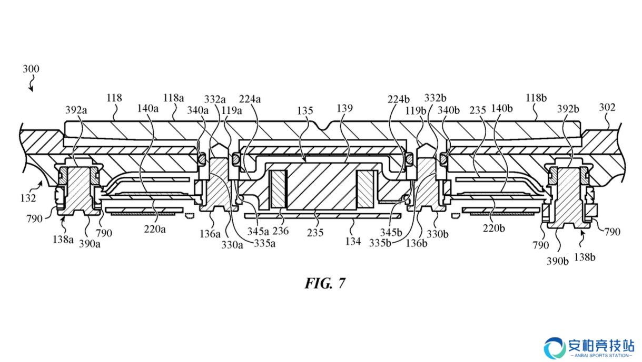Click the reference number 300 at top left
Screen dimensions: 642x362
tap(31, 69)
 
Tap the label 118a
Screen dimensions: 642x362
tap(173, 98)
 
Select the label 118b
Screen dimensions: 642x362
tap(536, 98)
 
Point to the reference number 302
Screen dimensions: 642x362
tap(607, 107)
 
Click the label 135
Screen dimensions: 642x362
tap(305, 110)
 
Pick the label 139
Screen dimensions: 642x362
tap(344, 108)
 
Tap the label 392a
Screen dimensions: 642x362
tap(76, 110)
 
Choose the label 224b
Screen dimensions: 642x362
tap(398, 99)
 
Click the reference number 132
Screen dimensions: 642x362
tap(28, 198)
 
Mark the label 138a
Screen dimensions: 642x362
tap(63, 240)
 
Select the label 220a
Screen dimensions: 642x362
tap(155, 229)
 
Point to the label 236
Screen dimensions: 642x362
tap(280, 231)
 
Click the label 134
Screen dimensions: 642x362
tap(353, 241)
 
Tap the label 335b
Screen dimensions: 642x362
tap(380, 243)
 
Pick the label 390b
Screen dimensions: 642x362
tap(557, 261)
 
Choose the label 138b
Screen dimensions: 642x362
tap(585, 257)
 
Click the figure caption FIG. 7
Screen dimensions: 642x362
tap(325, 283)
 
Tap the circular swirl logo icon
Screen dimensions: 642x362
tap(555, 348)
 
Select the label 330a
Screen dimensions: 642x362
tap(232, 245)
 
